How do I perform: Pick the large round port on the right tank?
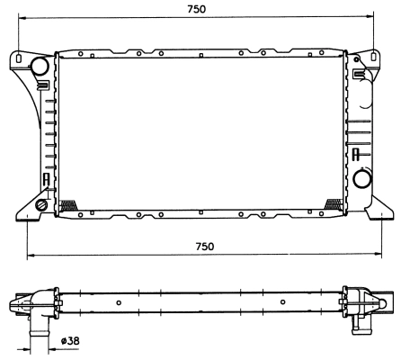(x=361, y=179)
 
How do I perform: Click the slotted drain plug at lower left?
(x=41, y=206)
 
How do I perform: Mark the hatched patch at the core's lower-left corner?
(x=66, y=206)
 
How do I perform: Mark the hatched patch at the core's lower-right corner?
(x=334, y=206)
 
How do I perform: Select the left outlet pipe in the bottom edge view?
(x=39, y=335)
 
